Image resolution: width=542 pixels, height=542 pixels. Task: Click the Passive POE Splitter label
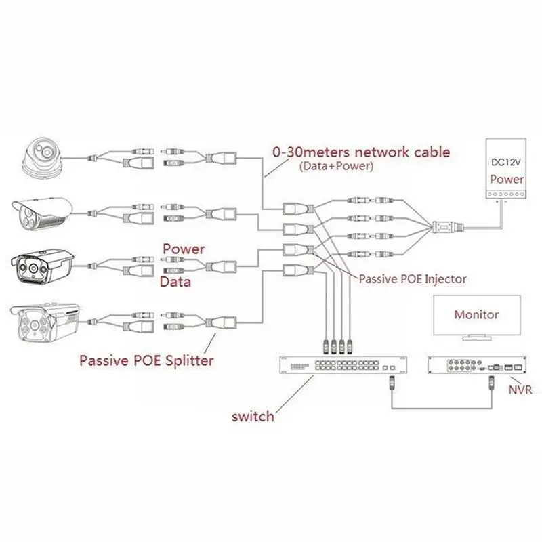tap(146, 360)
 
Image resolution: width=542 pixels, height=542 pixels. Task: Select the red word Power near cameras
tap(183, 249)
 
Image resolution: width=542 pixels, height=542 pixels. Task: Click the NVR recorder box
tap(476, 366)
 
